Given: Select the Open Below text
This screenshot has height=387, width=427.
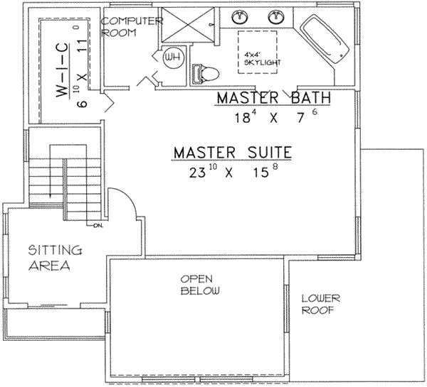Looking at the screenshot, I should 200,285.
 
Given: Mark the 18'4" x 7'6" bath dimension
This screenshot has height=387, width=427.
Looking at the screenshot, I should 271,117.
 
